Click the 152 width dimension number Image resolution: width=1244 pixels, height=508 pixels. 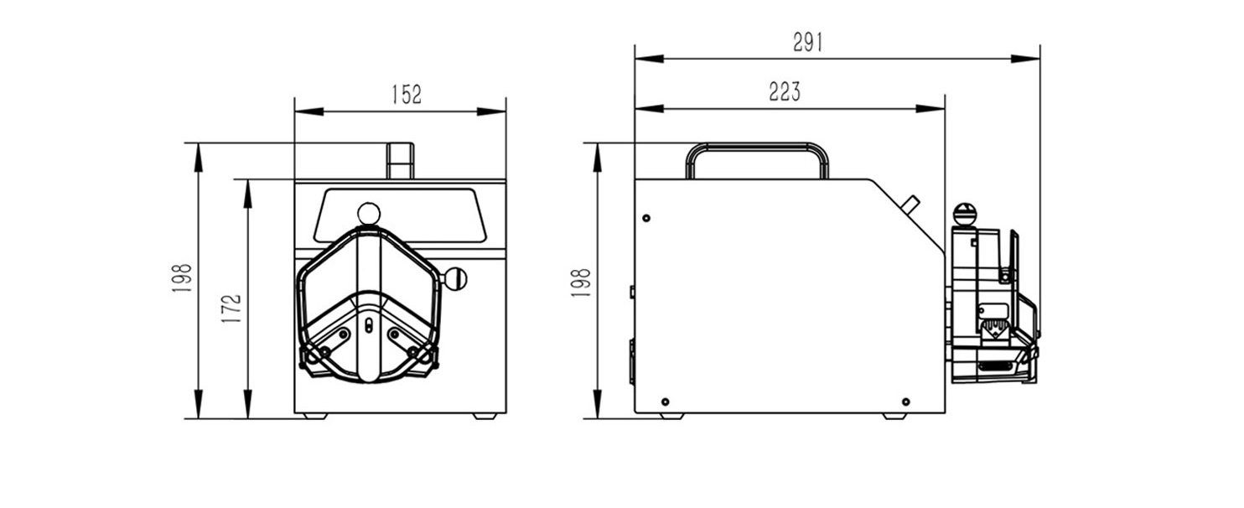[x=407, y=95]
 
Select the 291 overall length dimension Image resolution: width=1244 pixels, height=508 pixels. [x=807, y=42]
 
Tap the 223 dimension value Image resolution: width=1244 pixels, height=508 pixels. [x=785, y=91]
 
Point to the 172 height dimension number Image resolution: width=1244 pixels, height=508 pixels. [x=231, y=308]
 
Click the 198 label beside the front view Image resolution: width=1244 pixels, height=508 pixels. [x=182, y=278]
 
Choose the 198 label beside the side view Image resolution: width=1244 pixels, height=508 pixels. [x=581, y=283]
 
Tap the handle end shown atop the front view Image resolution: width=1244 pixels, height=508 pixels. [x=401, y=161]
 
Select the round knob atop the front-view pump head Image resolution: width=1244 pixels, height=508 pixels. [x=369, y=214]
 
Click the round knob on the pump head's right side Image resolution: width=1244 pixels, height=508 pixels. [x=455, y=278]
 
